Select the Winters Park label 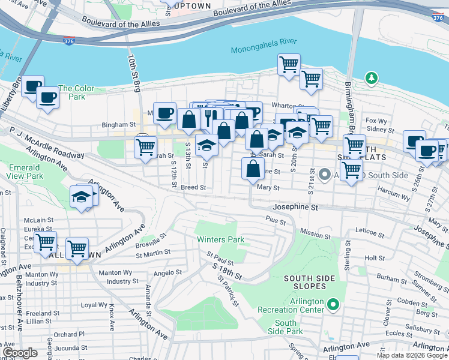(x=221, y=239)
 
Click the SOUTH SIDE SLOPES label (x=305, y=282)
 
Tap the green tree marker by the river (x=372, y=78)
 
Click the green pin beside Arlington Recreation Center (x=334, y=307)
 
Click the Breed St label (x=193, y=188)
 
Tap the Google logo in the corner (x=19, y=353)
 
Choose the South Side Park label (x=285, y=328)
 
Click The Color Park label (x=76, y=92)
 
